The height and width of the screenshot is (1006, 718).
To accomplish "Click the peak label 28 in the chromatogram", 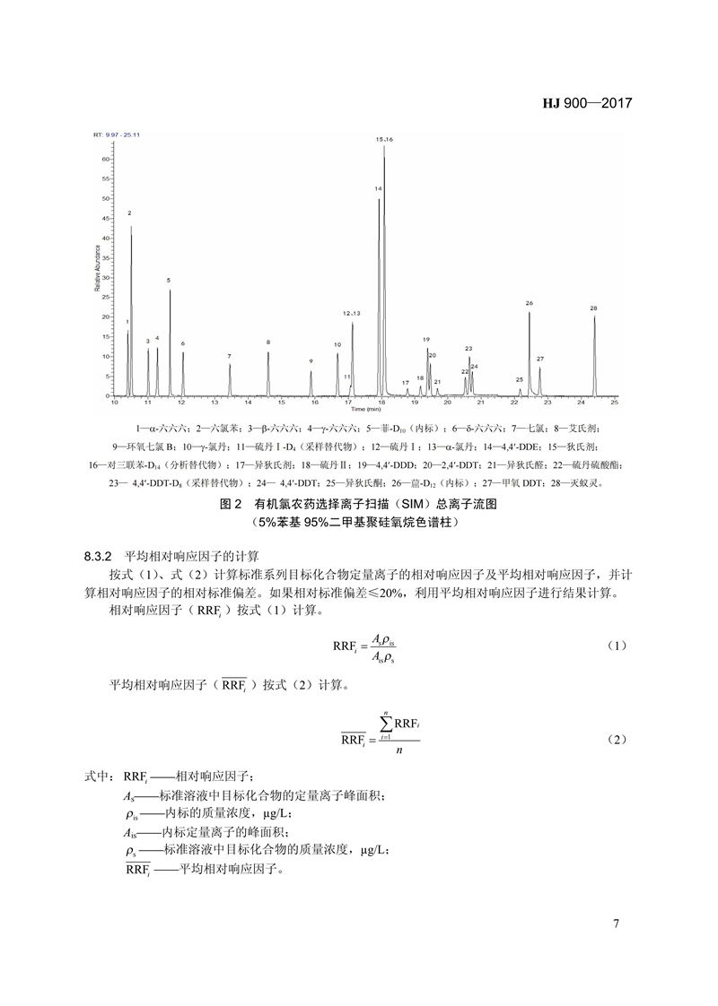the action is [x=593, y=308].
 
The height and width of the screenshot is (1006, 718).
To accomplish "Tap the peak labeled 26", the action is [x=530, y=303].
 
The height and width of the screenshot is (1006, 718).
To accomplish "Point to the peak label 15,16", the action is [x=384, y=140].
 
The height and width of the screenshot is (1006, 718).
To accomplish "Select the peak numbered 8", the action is [x=267, y=343].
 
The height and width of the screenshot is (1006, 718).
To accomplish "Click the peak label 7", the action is [x=229, y=356].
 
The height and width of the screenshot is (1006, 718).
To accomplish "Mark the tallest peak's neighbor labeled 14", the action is [x=379, y=189].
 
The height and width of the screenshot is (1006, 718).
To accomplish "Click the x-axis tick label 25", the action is [x=615, y=403].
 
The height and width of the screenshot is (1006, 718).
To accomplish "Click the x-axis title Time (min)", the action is [x=363, y=410].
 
